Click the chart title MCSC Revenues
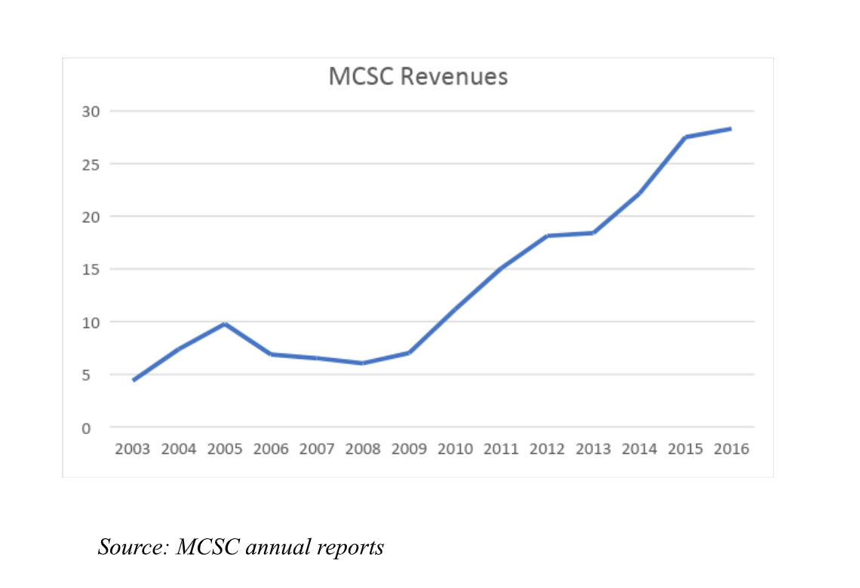[x=418, y=77]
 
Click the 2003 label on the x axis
[x=133, y=449]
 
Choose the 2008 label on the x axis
[x=364, y=449]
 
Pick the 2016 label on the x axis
[x=730, y=449]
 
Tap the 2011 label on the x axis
[x=502, y=449]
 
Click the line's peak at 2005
[x=225, y=324]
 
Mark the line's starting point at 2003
[x=134, y=380]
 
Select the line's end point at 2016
[x=730, y=129]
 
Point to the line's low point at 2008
[x=363, y=363]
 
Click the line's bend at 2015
[x=685, y=137]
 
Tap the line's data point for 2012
[x=548, y=236]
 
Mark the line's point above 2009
[x=409, y=353]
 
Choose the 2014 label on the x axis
[x=639, y=449]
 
